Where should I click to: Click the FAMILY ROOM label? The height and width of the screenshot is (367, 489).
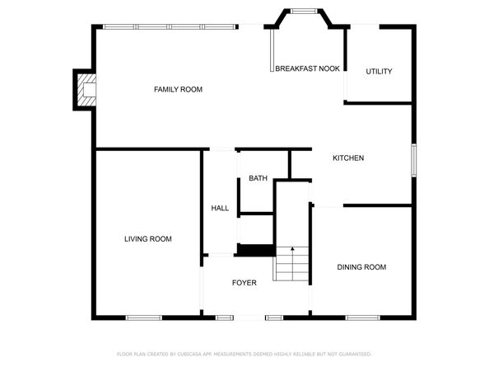click(178, 90)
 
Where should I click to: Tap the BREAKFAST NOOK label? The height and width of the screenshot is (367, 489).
click(307, 68)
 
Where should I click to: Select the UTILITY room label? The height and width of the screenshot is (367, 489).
click(379, 72)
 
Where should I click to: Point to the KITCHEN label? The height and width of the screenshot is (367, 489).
click(348, 158)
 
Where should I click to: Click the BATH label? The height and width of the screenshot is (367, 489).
click(258, 178)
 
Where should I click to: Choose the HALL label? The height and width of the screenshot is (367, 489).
click(220, 209)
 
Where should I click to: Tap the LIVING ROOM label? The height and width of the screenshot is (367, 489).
click(148, 239)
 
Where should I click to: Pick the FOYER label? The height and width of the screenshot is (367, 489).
click(244, 283)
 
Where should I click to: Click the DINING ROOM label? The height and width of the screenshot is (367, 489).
click(361, 267)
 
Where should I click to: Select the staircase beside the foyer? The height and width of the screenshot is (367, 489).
click(291, 264)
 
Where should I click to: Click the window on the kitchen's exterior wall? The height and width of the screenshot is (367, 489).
click(414, 160)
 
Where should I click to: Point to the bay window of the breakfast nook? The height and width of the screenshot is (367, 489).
click(304, 12)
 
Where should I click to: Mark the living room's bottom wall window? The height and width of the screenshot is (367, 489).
click(144, 318)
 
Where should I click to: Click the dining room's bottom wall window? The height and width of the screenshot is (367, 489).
click(363, 318)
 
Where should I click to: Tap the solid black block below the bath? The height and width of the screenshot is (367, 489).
click(256, 251)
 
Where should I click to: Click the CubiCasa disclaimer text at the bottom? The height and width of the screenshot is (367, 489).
click(244, 354)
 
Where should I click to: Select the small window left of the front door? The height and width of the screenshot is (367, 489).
click(225, 318)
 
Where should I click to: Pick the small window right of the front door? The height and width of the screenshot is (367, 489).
click(274, 318)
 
